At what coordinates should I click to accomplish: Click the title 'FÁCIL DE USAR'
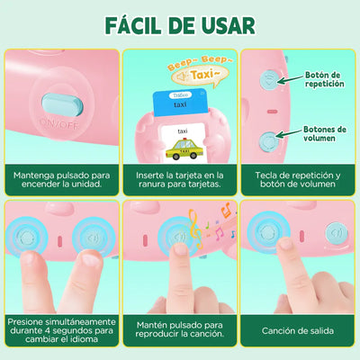coord(180,23)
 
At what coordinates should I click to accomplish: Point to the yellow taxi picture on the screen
coord(183,145)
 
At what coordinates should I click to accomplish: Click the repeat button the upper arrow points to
coord(270,79)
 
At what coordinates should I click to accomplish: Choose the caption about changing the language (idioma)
coord(60,329)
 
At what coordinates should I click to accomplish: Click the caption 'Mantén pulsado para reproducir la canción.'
coord(180,329)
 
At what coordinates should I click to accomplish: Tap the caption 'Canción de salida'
coord(300,329)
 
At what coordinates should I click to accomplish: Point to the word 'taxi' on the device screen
coord(182,130)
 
